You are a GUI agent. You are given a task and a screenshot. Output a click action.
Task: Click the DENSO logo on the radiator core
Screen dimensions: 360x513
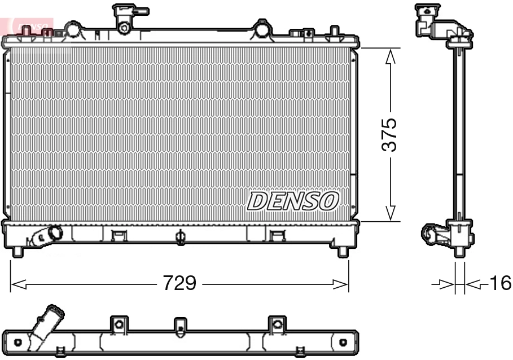293,201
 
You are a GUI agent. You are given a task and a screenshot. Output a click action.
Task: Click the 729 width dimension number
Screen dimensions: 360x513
179,283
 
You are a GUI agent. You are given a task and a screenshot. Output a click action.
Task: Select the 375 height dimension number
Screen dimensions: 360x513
389,134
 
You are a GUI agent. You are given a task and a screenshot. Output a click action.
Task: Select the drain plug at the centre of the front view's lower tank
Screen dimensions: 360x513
181,236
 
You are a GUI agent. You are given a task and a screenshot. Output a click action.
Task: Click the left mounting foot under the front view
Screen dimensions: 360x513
17,251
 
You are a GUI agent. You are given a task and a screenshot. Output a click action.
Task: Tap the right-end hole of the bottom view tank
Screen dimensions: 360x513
343,342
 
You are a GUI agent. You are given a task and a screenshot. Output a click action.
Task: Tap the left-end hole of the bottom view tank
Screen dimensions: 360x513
18,342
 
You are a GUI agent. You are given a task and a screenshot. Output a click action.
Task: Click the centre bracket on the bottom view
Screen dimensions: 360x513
180,325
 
